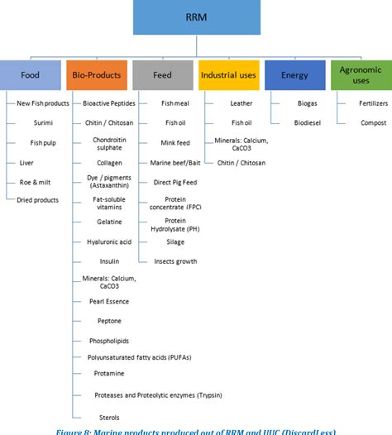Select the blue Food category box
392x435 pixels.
[30, 75]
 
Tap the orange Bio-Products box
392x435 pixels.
[96, 75]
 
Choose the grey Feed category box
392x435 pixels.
[162, 75]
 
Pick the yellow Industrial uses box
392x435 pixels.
[228, 75]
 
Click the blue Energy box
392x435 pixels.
[294, 75]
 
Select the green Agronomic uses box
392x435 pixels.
[361, 75]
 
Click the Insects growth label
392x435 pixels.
[175, 261]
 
